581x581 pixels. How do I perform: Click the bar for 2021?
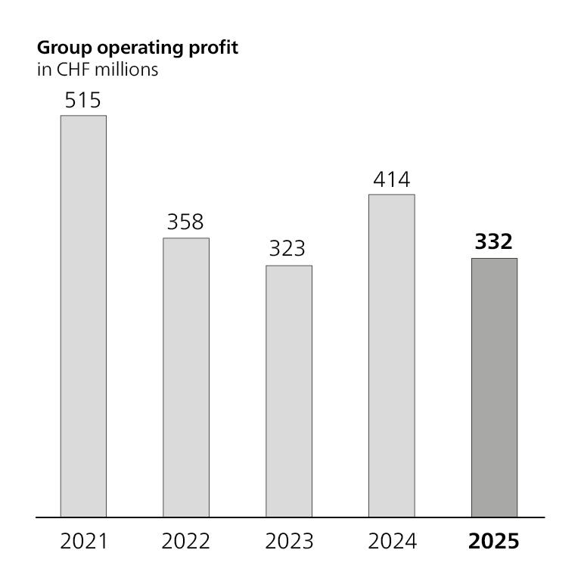[83, 316]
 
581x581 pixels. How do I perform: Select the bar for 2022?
[186, 377]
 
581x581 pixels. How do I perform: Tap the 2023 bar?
[289, 391]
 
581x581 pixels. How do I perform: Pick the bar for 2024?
[392, 356]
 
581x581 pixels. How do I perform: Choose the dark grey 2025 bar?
[495, 387]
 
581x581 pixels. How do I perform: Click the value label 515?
[83, 100]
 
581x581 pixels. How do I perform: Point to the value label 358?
[186, 222]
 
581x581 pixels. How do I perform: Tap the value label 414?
[392, 179]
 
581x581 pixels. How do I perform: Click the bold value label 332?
[494, 242]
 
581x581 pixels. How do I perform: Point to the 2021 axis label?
[83, 542]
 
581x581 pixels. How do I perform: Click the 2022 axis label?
[186, 542]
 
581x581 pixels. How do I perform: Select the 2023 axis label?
[289, 542]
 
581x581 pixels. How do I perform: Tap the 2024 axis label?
[392, 542]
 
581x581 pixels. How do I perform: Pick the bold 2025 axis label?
[494, 542]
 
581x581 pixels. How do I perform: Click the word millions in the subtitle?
[123, 71]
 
